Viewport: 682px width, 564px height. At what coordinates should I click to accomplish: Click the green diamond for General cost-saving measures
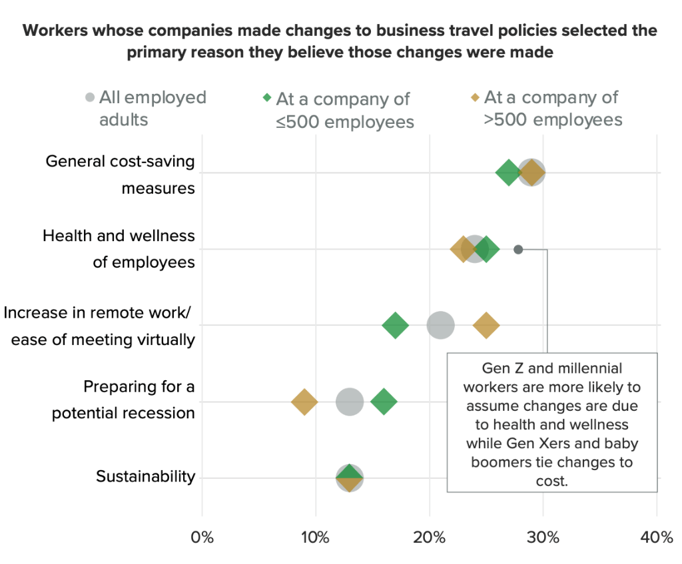click(x=508, y=173)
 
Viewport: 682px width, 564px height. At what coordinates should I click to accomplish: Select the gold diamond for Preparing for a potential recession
click(x=304, y=402)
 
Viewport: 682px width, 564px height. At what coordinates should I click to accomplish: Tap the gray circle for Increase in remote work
click(x=440, y=326)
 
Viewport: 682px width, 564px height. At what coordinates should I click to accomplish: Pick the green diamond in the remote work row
click(x=395, y=326)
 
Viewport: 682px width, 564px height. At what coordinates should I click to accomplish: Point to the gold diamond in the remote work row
click(x=486, y=326)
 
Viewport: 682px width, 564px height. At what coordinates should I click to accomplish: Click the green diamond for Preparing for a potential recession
click(x=384, y=402)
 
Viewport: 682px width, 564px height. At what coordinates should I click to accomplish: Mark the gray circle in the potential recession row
click(x=350, y=402)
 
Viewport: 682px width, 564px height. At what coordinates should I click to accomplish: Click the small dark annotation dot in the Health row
click(x=518, y=250)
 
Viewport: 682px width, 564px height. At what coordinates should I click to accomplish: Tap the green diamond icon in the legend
click(x=267, y=98)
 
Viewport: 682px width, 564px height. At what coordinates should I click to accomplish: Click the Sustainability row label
click(x=145, y=477)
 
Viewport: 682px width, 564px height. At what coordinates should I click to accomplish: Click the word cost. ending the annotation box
click(x=551, y=480)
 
